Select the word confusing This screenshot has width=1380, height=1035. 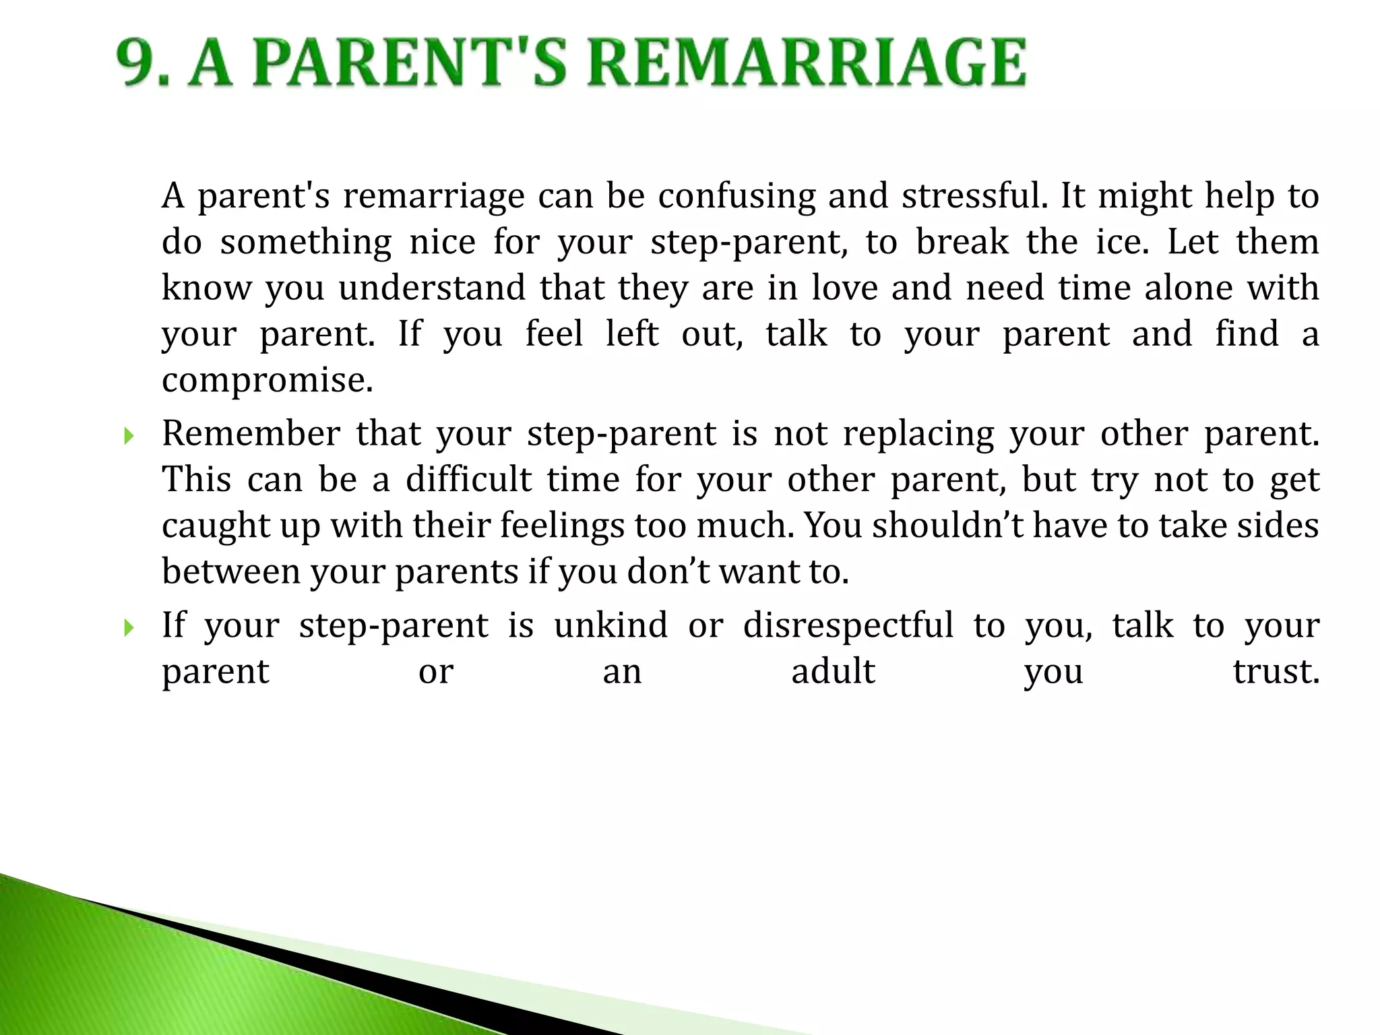point(736,197)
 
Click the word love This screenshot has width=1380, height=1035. point(844,288)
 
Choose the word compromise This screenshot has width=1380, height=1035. point(267,381)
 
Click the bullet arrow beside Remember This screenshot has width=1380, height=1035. point(129,437)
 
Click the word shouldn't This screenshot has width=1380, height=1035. point(949,526)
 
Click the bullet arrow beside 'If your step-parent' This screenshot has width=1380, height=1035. point(129,629)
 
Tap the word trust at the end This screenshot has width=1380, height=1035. point(1276,672)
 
